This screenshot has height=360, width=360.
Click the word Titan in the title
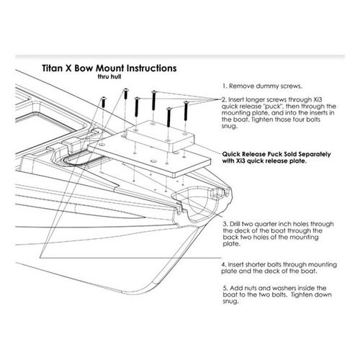point(51,68)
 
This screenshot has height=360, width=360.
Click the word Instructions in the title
point(152,68)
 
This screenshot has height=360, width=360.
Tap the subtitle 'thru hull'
point(109,77)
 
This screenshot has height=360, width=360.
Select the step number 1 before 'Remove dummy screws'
point(225,86)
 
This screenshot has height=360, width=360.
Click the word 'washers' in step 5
point(275,288)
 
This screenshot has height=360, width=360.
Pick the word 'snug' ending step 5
point(230,302)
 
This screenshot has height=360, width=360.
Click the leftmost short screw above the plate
point(104,102)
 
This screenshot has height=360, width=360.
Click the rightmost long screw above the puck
point(186,111)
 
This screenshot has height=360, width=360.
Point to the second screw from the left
point(126,94)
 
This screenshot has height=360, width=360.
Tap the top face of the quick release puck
point(160,131)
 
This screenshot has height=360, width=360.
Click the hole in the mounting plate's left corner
point(102,145)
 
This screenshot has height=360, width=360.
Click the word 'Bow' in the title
point(84,68)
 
